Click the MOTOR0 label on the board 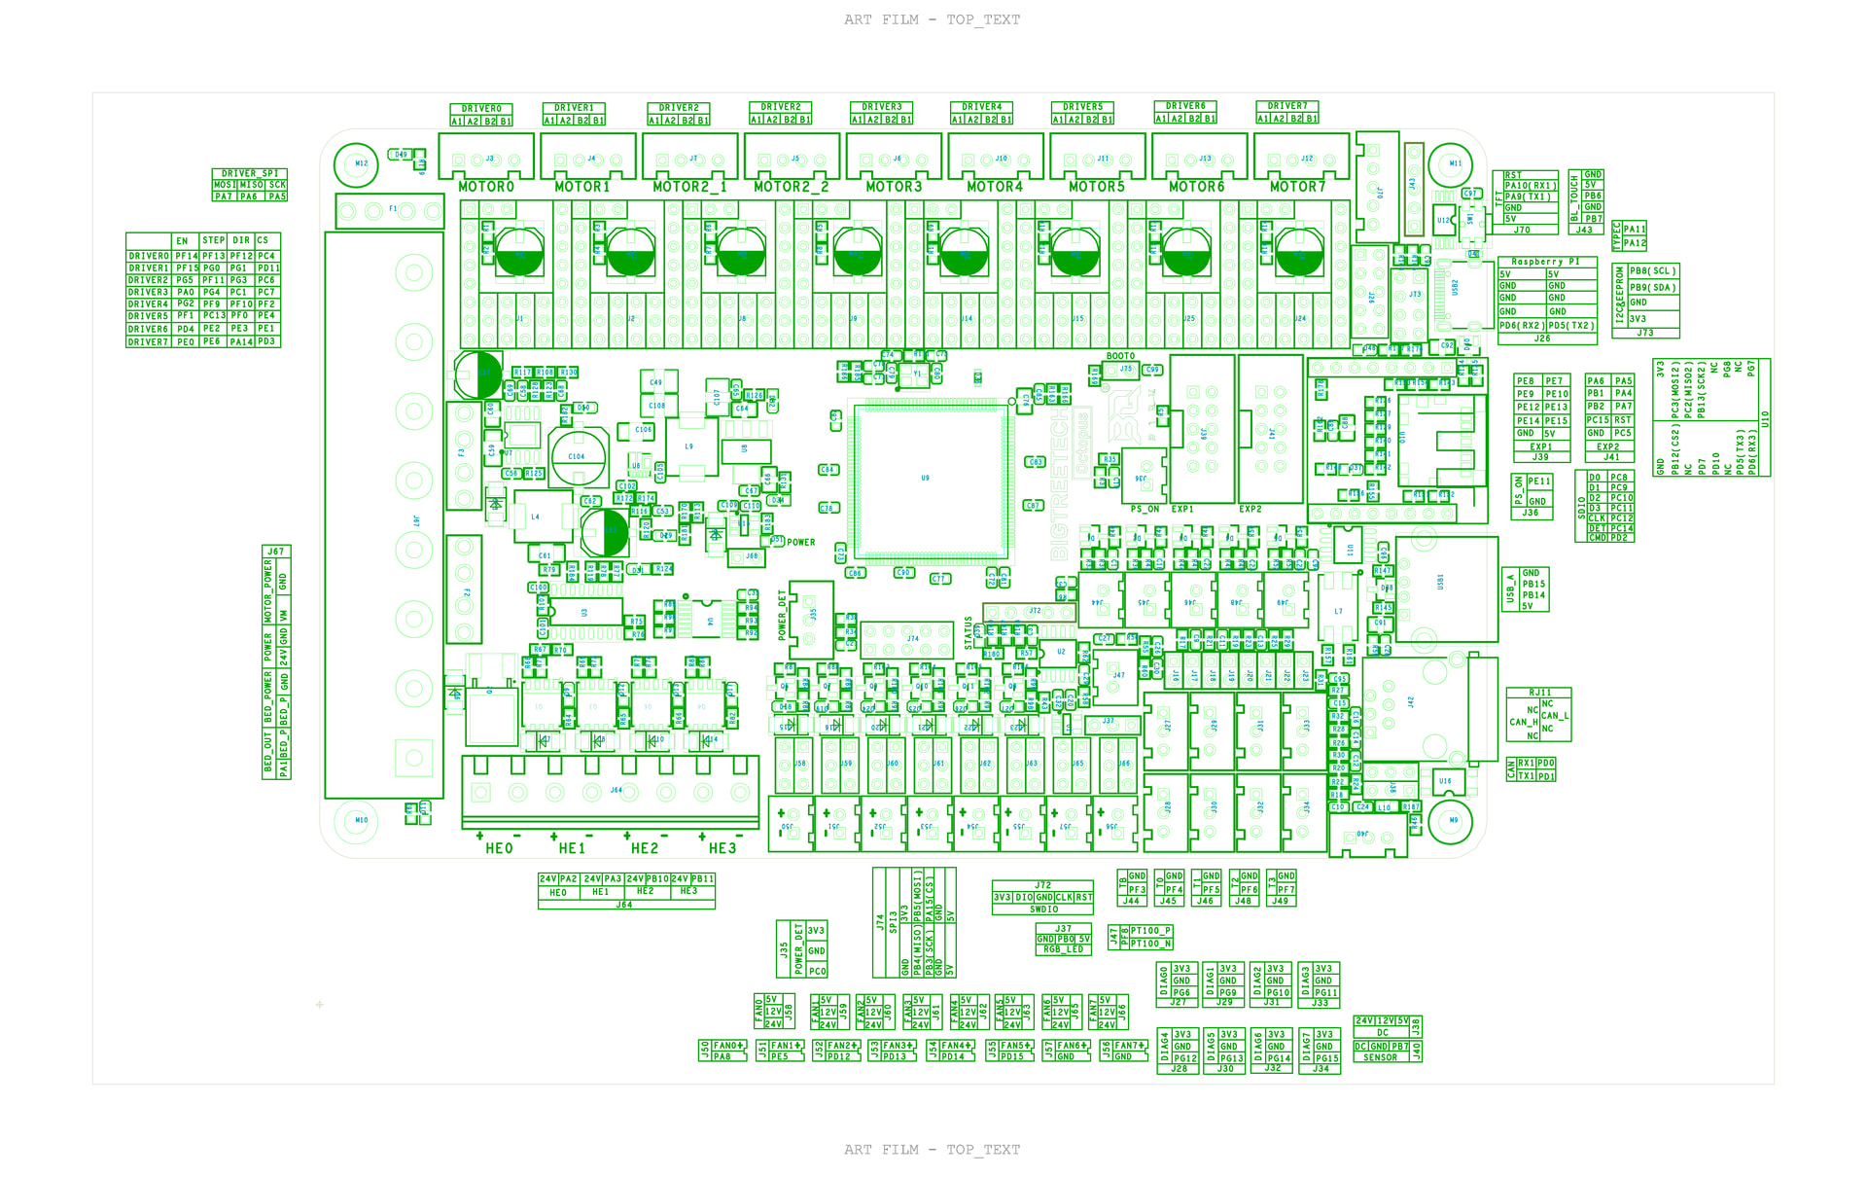point(486,187)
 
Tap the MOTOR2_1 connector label point(689,187)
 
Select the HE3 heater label point(722,848)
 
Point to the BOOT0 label point(1120,356)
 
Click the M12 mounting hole point(356,164)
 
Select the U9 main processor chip point(926,478)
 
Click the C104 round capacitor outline point(577,455)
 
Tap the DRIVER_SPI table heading point(250,173)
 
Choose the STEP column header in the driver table point(213,240)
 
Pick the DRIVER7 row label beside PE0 point(149,342)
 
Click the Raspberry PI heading point(1545,262)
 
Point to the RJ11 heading point(1540,693)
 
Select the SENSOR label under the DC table point(1380,1057)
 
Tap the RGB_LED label point(1064,949)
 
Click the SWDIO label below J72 point(1043,909)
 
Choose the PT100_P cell point(1150,931)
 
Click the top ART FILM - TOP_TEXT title point(932,19)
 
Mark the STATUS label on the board point(969,632)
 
